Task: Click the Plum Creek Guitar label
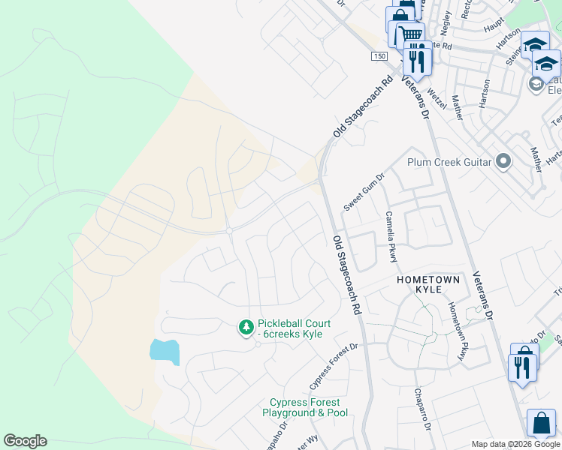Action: point(449,162)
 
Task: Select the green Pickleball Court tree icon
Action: point(246,328)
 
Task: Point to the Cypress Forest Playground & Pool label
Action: point(306,408)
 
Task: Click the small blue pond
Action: point(165,351)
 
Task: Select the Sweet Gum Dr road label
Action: point(364,192)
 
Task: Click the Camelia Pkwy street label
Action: point(391,236)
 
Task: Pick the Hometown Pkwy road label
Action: point(458,330)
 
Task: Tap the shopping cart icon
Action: point(409,34)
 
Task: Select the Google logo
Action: point(25,441)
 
